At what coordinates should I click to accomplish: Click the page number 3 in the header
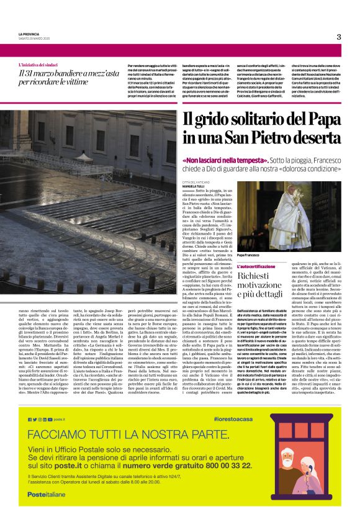[339, 37]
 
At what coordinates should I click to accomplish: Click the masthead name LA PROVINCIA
[29, 34]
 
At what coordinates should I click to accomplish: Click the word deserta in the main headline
[312, 135]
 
